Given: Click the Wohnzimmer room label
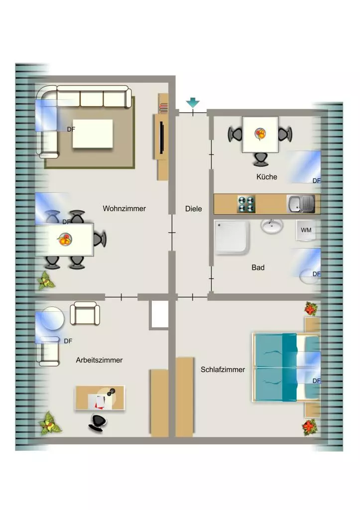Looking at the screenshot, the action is [124, 209].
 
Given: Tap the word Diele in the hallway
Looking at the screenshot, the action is [194, 209].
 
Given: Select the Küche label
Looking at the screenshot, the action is [267, 177].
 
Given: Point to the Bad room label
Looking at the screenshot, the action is [258, 267].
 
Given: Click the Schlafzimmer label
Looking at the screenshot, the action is [223, 370].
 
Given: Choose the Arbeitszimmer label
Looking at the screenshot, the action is [99, 360].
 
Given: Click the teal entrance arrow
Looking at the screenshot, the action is [193, 103].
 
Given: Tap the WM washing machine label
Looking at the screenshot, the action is [306, 230].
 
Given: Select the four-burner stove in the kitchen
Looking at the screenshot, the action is [246, 204].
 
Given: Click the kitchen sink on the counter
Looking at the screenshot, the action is [301, 204].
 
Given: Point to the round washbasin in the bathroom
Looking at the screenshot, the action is [272, 226].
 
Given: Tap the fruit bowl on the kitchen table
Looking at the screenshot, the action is [260, 133].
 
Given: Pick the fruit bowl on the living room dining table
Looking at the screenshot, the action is [64, 240].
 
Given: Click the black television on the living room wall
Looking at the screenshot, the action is [162, 137].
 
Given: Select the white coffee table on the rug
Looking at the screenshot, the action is [93, 133].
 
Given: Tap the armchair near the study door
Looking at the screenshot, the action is [85, 313].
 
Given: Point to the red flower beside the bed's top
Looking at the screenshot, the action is [311, 308].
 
